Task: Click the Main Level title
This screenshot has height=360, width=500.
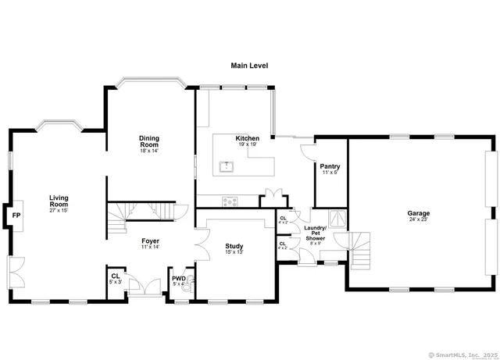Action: click(x=249, y=66)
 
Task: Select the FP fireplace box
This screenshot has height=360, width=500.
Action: click(x=16, y=214)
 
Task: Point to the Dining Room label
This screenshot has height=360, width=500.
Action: click(x=149, y=142)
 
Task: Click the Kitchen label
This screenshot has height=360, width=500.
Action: click(x=248, y=138)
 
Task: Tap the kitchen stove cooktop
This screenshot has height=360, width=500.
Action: click(x=230, y=201)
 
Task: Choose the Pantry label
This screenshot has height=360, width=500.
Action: click(x=330, y=166)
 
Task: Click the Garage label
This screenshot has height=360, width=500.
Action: click(x=418, y=213)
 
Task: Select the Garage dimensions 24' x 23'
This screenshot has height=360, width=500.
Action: click(x=418, y=220)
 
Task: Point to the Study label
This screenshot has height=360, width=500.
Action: click(x=234, y=245)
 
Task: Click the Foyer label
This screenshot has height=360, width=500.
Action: click(x=151, y=241)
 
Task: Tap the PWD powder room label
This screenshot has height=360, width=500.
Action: click(x=178, y=278)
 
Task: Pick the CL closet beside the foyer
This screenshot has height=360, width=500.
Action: click(x=116, y=277)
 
